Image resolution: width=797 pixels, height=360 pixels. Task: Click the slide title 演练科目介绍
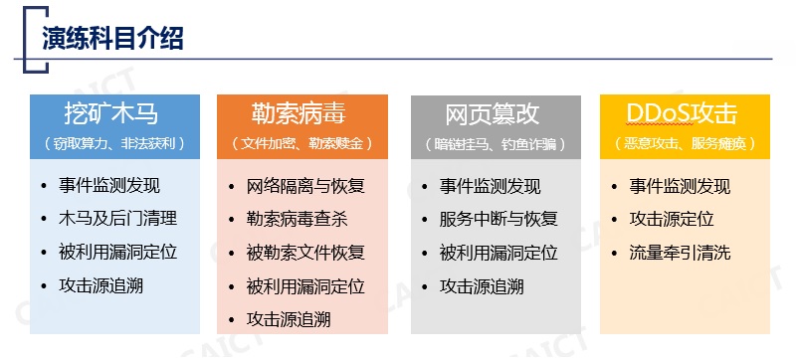112,38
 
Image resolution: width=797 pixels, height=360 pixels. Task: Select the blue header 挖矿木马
111,113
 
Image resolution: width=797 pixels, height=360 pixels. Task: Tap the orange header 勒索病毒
299,113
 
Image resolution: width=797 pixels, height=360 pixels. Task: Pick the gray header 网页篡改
492,113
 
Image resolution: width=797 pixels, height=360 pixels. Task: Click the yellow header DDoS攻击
682,113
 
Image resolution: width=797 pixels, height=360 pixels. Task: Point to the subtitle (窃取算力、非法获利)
113,143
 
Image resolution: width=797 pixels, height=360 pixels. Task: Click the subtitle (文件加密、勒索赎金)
301,143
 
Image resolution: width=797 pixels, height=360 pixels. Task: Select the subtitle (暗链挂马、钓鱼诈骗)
496,143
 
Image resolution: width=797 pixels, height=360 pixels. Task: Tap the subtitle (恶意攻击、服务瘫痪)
685,143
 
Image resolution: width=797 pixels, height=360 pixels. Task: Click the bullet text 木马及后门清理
118,219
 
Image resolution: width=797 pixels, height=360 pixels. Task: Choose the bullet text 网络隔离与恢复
306,186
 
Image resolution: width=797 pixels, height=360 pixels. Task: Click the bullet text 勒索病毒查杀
298,220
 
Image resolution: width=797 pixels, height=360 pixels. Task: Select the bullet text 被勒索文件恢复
306,253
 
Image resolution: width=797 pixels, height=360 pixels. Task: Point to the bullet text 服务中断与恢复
498,219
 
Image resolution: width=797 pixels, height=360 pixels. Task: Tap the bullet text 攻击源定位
672,219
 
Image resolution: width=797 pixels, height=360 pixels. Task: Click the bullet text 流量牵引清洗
681,253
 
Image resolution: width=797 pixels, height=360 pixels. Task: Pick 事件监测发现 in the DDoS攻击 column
681,186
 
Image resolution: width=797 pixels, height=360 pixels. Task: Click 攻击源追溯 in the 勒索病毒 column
289,319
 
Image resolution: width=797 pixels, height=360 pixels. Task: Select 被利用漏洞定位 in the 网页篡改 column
498,253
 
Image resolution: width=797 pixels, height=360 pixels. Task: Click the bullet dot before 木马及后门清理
44,219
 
